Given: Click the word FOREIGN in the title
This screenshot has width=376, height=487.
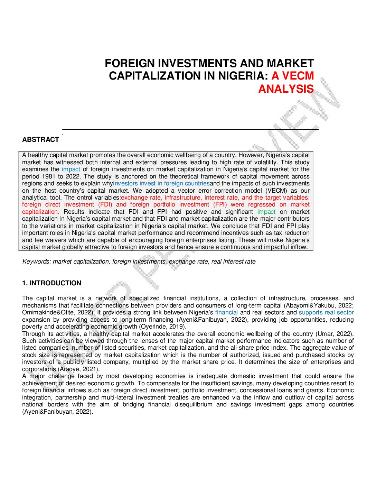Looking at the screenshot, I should [x=130, y=63].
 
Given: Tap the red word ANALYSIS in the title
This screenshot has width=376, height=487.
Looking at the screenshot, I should [x=286, y=89].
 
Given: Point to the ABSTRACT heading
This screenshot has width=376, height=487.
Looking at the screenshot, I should [x=40, y=139].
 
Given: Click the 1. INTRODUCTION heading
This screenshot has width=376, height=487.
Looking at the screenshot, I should [x=51, y=283].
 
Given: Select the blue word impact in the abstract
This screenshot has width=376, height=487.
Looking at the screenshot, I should [x=71, y=169].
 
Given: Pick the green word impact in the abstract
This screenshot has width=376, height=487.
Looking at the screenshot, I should [x=266, y=212].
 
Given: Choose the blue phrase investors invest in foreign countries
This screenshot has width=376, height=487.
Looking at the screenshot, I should [x=161, y=183].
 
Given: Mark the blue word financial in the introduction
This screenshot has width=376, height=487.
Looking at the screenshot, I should [x=226, y=312].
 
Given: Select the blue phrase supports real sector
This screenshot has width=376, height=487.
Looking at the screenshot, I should [x=326, y=312].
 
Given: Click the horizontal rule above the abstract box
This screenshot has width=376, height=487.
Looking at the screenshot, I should [x=190, y=129].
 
